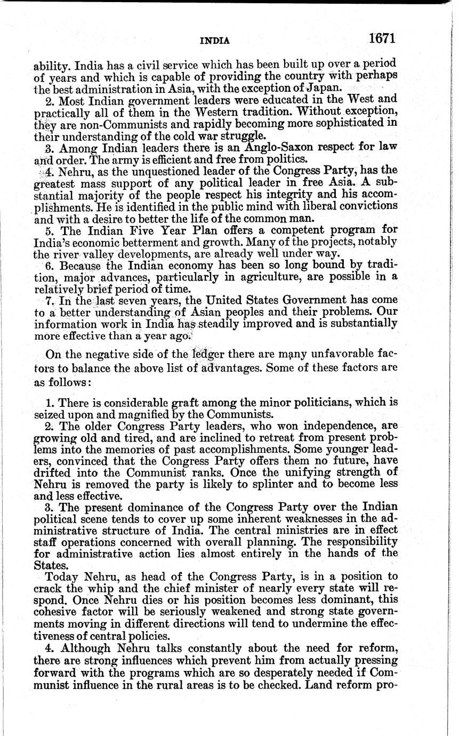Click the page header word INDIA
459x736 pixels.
click(215, 41)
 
